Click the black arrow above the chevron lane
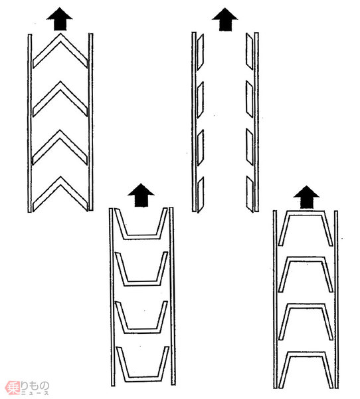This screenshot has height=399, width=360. coord(60,19)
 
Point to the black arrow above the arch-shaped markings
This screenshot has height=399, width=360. coord(306,198)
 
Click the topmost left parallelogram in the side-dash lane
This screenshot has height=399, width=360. coord(201,52)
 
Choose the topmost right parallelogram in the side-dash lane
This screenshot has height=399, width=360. coord(249,51)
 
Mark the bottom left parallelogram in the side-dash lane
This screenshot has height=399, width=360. coord(201,194)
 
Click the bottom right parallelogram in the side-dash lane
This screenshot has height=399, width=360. coord(250,194)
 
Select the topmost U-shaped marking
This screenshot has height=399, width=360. coord(141,237)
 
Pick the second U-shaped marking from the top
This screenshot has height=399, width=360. coord(142,283)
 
